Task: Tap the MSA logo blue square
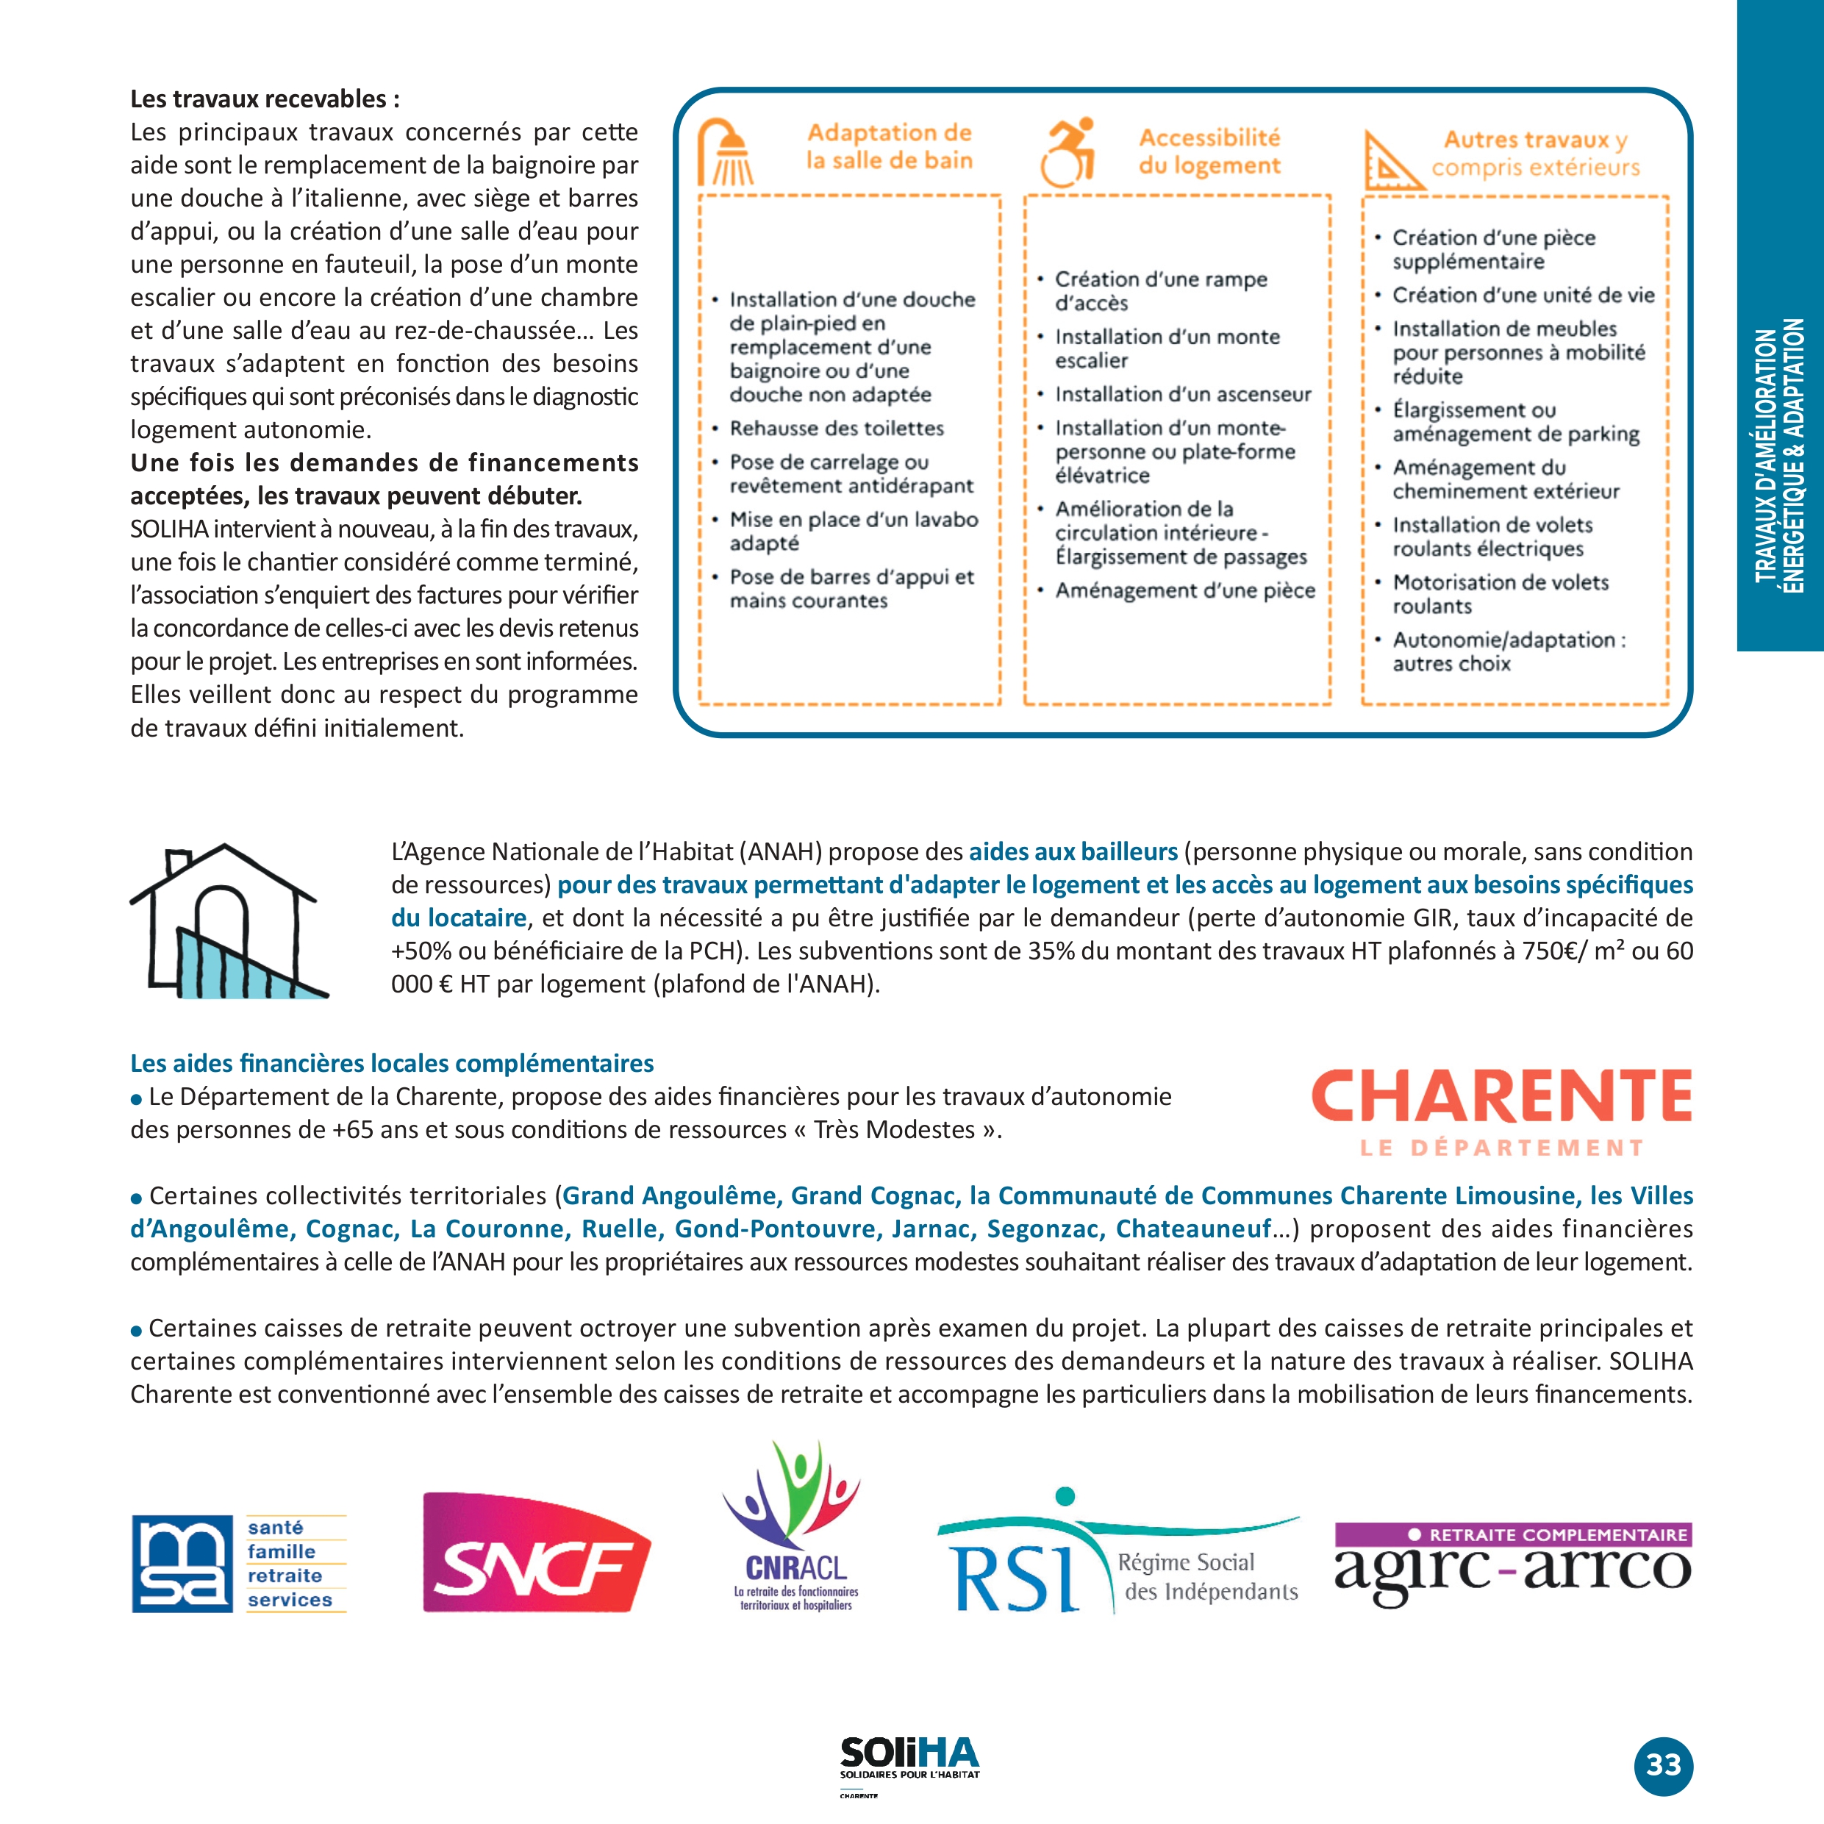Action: [182, 1564]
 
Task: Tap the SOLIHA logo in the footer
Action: [909, 1759]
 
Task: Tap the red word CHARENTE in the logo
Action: [1501, 1096]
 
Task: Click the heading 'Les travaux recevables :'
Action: [265, 99]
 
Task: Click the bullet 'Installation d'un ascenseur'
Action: [1183, 395]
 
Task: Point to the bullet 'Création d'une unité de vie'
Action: [1523, 296]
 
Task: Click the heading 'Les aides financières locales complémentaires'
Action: [392, 1063]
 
